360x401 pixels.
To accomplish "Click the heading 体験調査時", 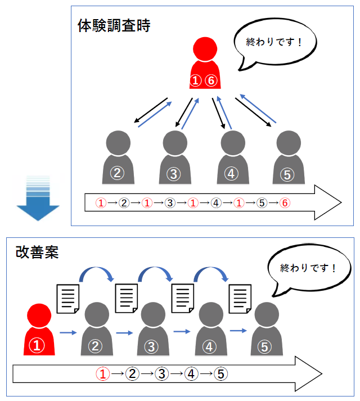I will click(x=114, y=26).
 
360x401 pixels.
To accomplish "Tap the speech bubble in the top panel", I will click(x=274, y=43).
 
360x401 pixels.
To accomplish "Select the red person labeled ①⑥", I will click(x=204, y=65).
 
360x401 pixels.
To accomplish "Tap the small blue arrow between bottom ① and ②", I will click(x=68, y=333).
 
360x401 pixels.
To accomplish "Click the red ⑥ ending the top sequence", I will click(x=285, y=202).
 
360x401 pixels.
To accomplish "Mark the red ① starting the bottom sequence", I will click(x=102, y=373).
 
